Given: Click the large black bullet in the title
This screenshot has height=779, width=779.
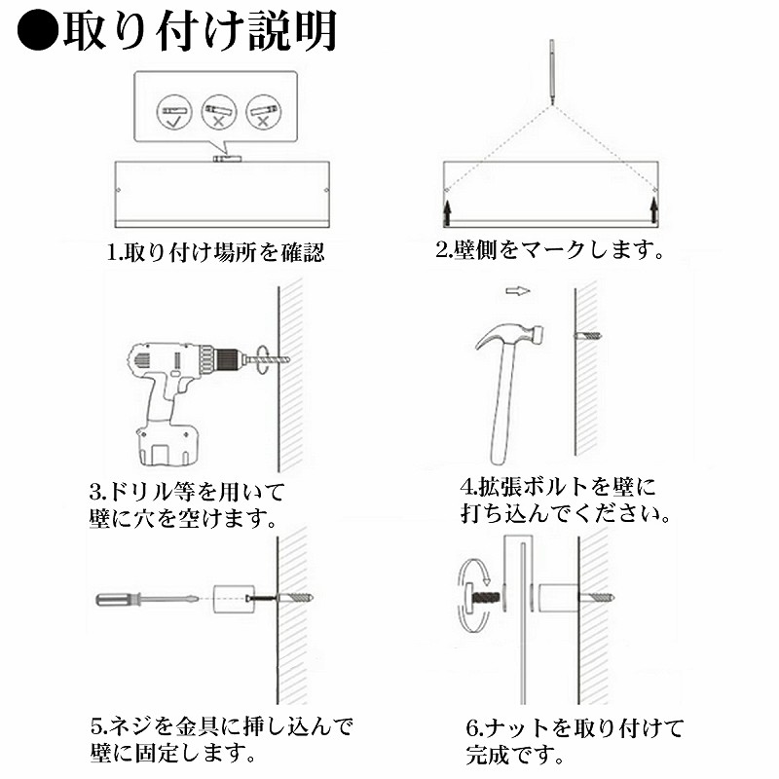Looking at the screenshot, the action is point(38,31).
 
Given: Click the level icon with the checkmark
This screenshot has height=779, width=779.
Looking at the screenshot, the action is point(174,112).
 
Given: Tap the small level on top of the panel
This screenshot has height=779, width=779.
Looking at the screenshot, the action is point(227,159).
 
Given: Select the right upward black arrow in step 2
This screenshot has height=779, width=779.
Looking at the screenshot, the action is point(653,210).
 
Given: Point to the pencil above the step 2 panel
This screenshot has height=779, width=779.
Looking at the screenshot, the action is point(551,71).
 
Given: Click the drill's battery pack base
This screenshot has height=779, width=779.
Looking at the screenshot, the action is point(166,445).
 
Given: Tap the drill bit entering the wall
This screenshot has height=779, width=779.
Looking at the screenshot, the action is point(269,358).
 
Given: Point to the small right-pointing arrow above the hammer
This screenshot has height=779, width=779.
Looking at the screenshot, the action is point(518,290).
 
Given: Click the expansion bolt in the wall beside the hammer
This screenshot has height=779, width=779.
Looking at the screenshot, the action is point(588,336).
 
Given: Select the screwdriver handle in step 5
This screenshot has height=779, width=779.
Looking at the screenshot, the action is point(118,599).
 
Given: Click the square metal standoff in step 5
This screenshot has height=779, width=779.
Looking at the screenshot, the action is point(231,599).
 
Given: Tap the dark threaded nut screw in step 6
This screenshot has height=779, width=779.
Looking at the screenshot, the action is point(484,597).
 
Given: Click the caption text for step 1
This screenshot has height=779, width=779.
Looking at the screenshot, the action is point(215,252).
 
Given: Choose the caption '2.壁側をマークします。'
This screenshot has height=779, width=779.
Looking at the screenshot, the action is point(550,249).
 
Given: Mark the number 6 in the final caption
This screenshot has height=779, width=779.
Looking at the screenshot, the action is point(471,728).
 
